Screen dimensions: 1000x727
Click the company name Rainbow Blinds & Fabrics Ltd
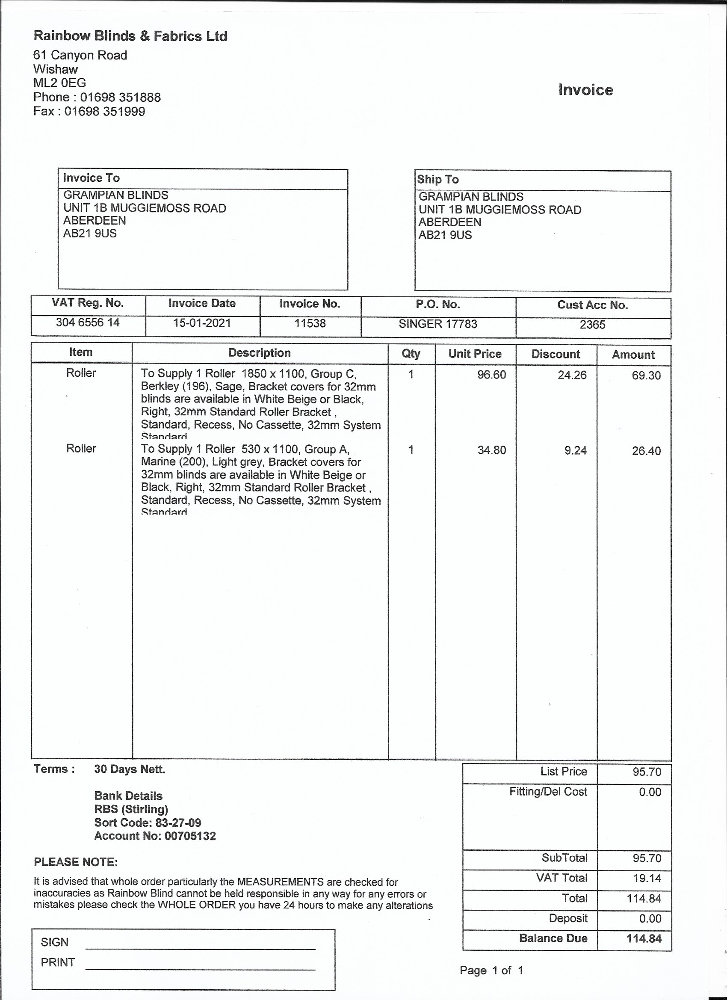coord(130,36)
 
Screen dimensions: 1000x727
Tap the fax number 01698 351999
coord(104,111)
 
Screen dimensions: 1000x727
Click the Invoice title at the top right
coord(585,90)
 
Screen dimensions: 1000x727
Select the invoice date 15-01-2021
coord(202,323)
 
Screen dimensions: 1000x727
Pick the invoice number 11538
coord(310,323)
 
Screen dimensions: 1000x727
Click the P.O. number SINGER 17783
coord(438,324)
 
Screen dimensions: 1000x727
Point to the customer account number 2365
coord(593,325)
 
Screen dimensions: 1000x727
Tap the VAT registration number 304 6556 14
coord(88,323)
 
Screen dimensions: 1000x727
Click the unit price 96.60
coord(491,375)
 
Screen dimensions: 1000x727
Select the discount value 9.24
coord(575,450)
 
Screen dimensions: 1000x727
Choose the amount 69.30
coord(646,376)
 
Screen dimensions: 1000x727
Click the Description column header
coord(259,353)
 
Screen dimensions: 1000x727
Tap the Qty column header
coord(411,354)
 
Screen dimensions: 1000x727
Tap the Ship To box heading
coord(438,180)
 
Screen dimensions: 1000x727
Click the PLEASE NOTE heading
coord(76,862)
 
